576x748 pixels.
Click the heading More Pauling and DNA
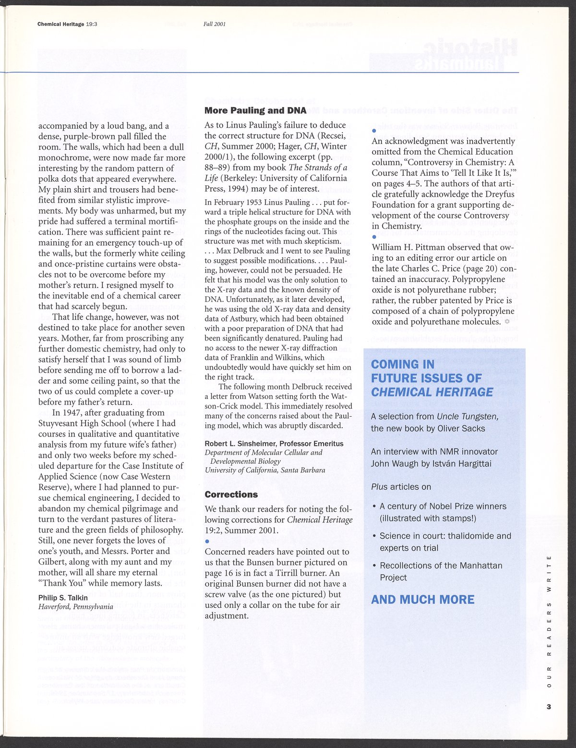[255, 111]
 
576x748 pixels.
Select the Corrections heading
[231, 495]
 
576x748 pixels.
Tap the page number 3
[549, 706]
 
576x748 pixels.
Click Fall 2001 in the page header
[215, 24]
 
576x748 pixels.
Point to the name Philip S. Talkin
[63, 598]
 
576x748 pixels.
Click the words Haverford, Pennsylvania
[76, 606]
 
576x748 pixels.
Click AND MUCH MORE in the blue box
[422, 600]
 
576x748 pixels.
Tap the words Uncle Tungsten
[468, 417]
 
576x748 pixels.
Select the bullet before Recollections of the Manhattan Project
[374, 566]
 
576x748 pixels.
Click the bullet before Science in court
[374, 536]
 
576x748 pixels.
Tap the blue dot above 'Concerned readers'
[207, 542]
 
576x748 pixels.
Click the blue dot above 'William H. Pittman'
[374, 237]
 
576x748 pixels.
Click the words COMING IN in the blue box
[403, 364]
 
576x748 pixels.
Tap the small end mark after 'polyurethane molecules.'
[507, 322]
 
